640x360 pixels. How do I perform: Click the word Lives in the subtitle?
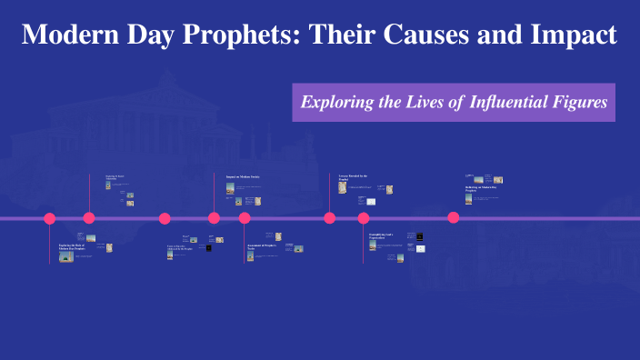pos(423,102)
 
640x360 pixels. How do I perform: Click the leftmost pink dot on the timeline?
pos(50,218)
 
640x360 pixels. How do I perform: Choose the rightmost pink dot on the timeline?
pos(454,217)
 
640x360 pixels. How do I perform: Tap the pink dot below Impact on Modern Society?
pos(214,218)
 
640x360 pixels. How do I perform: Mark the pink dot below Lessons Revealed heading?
pos(330,218)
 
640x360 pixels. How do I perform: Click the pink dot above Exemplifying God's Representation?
pos(364,218)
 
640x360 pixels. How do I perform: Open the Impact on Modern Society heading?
pos(243,176)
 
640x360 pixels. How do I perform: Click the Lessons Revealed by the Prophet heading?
pos(352,177)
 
